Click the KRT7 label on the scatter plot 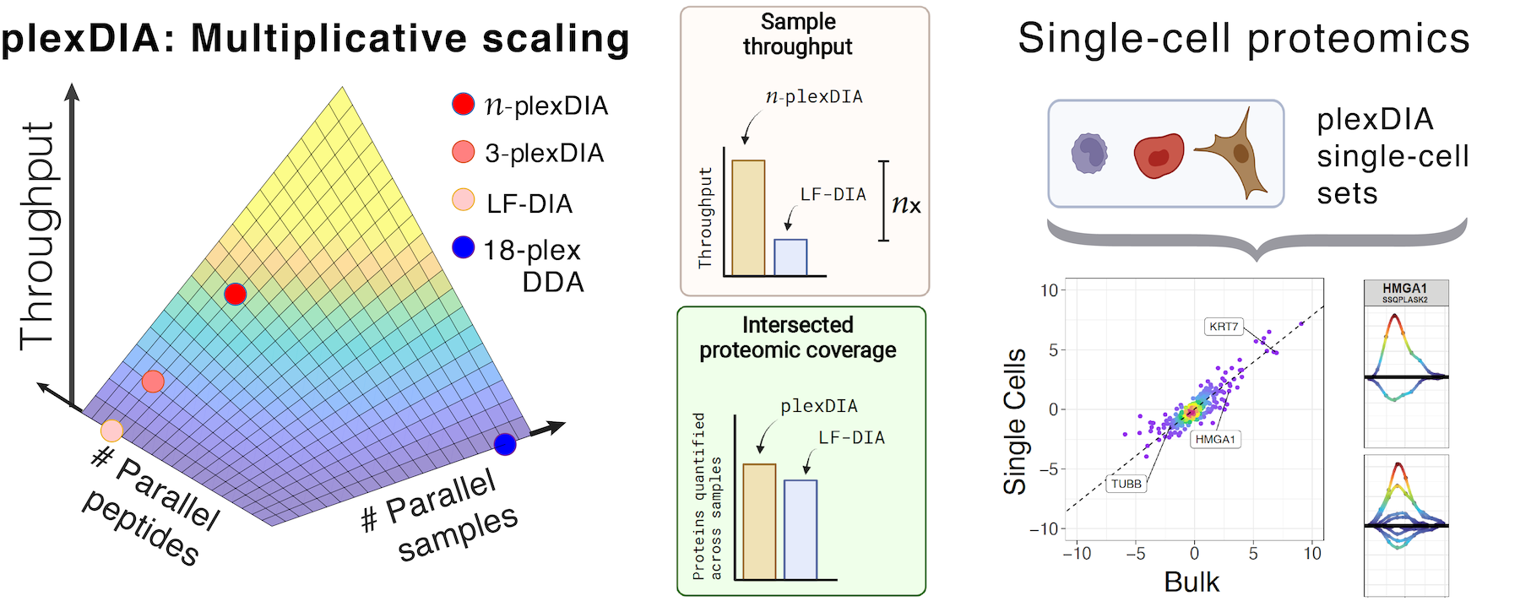[x=1224, y=327]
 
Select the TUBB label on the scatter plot [x=1126, y=484]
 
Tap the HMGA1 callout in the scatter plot [x=1215, y=439]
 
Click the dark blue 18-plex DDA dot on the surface [x=505, y=444]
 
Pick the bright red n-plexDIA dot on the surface [x=236, y=294]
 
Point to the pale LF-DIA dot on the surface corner [x=111, y=431]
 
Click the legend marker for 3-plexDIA [x=464, y=152]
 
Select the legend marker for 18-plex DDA [x=464, y=247]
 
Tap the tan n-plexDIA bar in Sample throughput [x=748, y=218]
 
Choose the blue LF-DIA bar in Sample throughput [x=790, y=257]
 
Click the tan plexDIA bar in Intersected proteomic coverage [x=759, y=522]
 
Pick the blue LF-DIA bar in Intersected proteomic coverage [x=801, y=529]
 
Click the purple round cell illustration [x=1089, y=154]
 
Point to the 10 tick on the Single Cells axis [x=1049, y=290]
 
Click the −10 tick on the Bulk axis [x=1077, y=554]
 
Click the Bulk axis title [x=1192, y=582]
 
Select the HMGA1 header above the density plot [x=1405, y=289]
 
